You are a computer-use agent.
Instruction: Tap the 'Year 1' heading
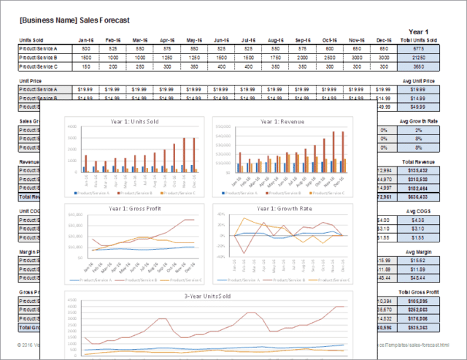pyautogui.click(x=419, y=31)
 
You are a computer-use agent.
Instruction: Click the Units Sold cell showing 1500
pyautogui.click(x=86, y=57)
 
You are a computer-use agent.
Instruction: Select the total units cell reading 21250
pyautogui.click(x=419, y=57)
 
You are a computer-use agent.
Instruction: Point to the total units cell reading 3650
pyautogui.click(x=419, y=66)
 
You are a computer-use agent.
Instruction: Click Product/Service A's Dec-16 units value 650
pyautogui.click(x=384, y=48)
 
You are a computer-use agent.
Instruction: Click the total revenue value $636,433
pyautogui.click(x=418, y=196)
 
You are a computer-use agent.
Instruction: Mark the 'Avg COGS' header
pyautogui.click(x=418, y=211)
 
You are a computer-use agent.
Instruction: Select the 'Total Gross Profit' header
pyautogui.click(x=418, y=291)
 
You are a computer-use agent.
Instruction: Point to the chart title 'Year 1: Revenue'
pyautogui.click(x=281, y=121)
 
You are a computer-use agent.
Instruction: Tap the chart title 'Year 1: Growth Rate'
pyautogui.click(x=281, y=209)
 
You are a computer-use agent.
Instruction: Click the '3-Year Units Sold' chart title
pyautogui.click(x=208, y=296)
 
